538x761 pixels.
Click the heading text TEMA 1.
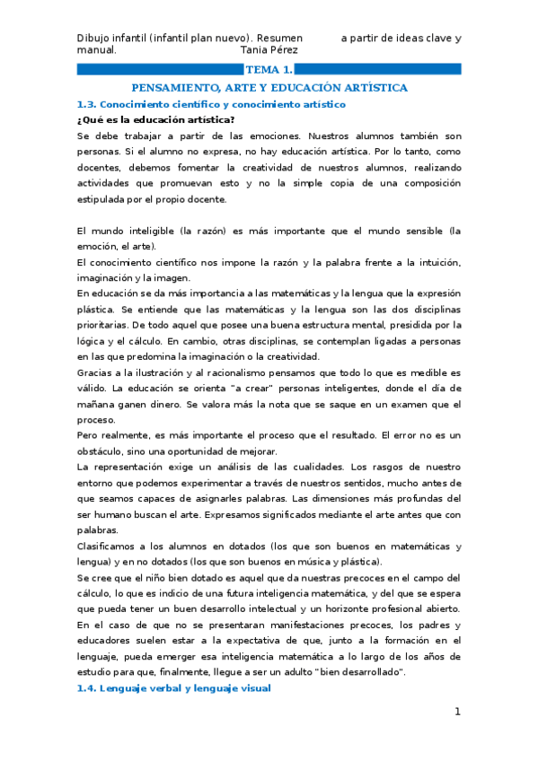pos(269,69)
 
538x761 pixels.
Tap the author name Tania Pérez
pos(271,50)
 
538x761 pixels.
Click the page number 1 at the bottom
pos(456,712)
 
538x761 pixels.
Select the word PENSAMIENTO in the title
pos(170,87)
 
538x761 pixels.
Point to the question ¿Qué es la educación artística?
pos(144,120)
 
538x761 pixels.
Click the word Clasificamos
pos(109,546)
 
